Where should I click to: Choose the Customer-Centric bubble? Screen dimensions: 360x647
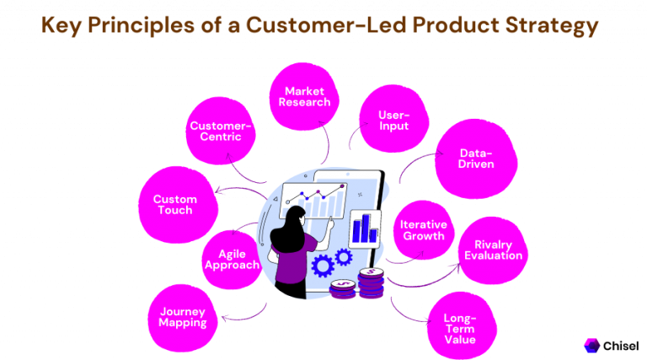221,132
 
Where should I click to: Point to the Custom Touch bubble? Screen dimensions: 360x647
175,204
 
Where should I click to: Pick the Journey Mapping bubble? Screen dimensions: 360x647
183,317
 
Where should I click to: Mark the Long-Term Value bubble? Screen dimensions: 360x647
459,328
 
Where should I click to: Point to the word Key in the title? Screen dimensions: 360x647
66,26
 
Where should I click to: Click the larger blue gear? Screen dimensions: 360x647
323,266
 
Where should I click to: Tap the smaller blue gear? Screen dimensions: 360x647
343,255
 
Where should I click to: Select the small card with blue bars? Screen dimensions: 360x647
365,228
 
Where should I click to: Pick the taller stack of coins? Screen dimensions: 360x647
371,282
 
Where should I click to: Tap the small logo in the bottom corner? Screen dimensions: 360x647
592,345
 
